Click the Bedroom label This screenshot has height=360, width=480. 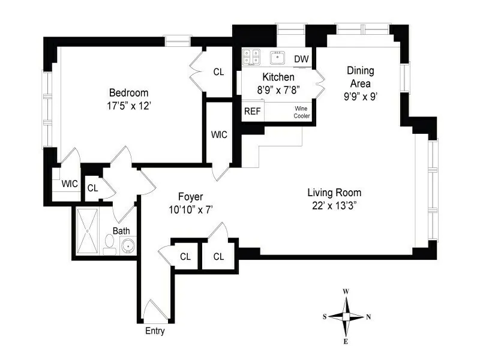pos(128,93)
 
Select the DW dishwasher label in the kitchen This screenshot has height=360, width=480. pos(301,59)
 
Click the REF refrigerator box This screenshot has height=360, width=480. pos(252,112)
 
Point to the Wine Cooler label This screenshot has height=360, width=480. pos(301,112)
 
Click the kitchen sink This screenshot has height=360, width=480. pos(278,58)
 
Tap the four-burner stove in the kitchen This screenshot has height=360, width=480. pos(251,57)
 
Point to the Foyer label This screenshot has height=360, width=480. pos(190,197)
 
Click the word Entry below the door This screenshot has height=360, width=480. pos(155,331)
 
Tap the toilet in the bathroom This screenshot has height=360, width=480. pos(110,244)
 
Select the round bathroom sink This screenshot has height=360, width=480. pos(127,245)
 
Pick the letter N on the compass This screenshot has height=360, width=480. pos(368,317)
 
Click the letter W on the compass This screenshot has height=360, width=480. pos(346,292)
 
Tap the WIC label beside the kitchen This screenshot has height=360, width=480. pos(219,134)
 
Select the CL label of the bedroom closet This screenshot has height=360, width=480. pos(218,72)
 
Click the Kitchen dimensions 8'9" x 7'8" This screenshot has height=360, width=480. pos(278,89)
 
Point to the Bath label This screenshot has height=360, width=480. pos(121,230)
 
